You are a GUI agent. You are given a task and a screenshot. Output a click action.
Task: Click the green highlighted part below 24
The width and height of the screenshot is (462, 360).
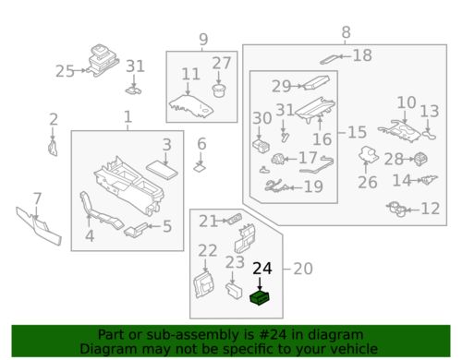pos(261,297)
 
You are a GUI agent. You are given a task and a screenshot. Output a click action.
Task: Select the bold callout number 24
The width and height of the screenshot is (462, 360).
pos(262,269)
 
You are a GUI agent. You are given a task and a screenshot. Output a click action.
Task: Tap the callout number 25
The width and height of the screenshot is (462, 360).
pos(65,71)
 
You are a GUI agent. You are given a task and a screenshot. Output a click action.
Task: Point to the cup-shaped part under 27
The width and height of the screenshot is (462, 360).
pos(219,90)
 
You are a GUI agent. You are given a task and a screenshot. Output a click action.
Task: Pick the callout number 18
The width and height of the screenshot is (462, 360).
pos(362,55)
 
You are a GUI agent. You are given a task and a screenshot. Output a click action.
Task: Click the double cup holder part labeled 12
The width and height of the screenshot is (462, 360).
pos(397,210)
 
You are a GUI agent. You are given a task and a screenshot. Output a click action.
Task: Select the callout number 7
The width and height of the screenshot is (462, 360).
pos(37,198)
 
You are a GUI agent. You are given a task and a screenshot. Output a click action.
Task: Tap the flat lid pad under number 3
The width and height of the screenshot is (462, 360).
pos(162,171)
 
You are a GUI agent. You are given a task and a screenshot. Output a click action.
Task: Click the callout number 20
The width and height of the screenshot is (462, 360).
pos(303,269)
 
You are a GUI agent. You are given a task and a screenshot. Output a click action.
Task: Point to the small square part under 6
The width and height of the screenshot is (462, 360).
pos(200,168)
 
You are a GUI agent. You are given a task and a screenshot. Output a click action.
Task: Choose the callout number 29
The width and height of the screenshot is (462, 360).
pos(281,86)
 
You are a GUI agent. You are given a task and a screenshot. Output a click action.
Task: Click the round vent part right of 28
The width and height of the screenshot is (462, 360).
pos(420,160)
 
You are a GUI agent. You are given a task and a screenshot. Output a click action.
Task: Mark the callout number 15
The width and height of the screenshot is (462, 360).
pos(357,132)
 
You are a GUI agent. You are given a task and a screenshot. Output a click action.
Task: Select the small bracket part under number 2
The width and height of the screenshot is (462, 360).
pos(53,148)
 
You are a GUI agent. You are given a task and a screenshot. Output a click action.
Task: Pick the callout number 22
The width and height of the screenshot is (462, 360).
pos(208,250)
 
